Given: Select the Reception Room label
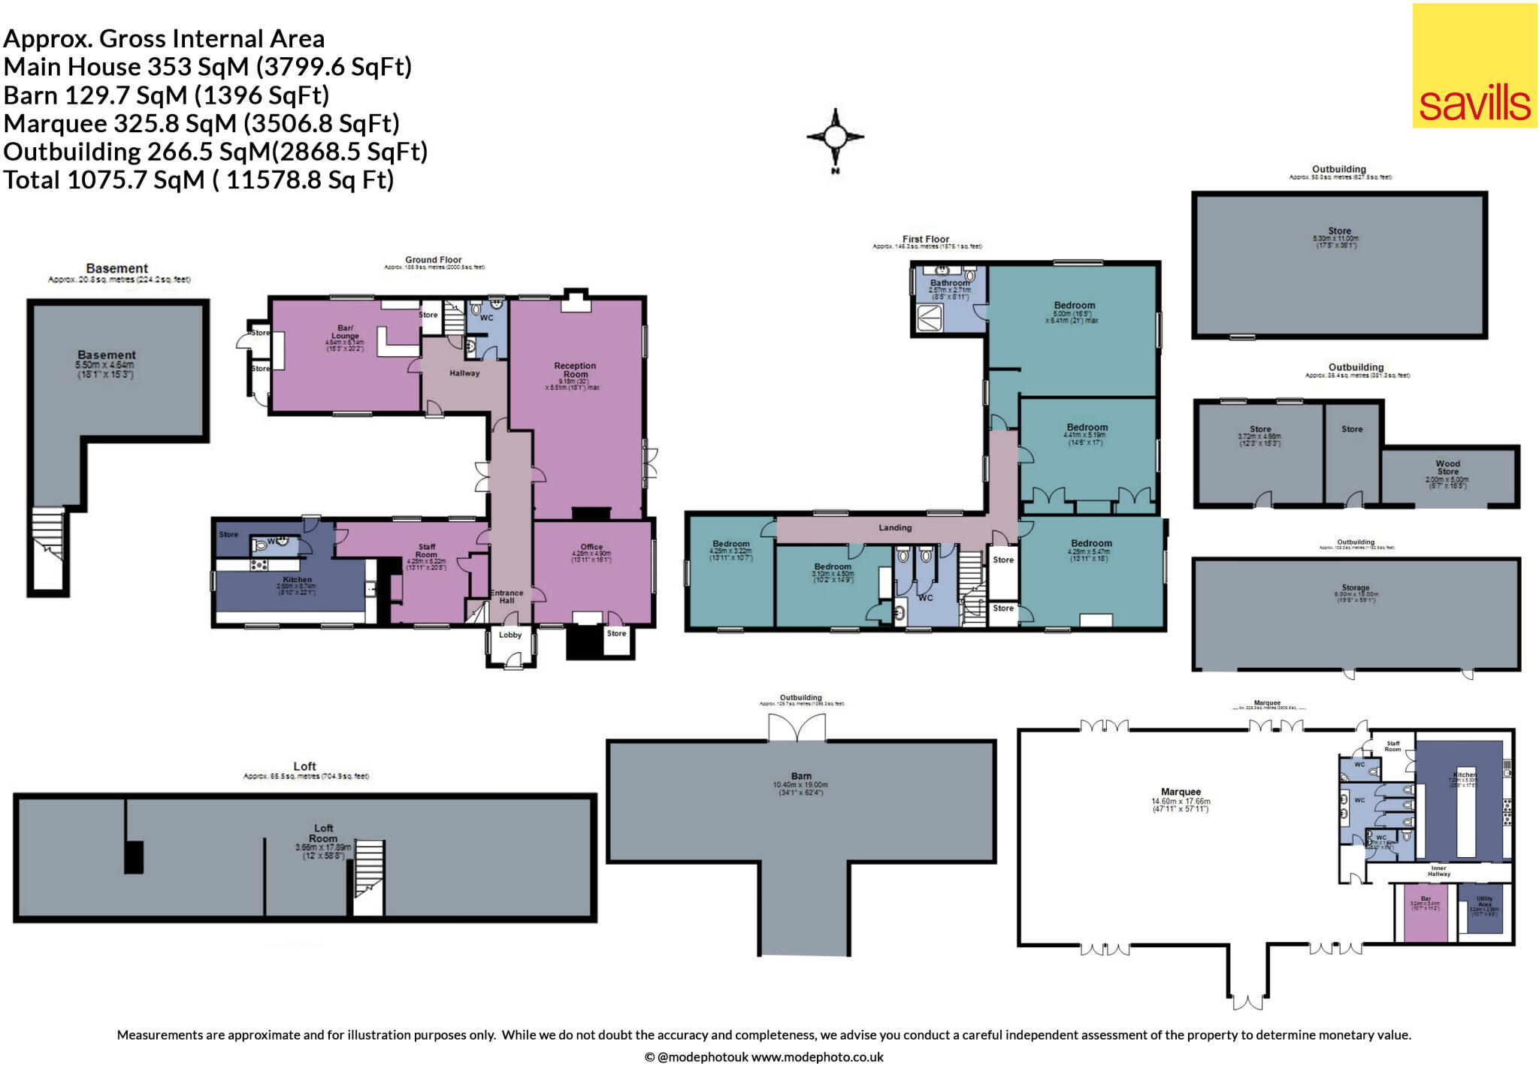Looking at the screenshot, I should tap(575, 370).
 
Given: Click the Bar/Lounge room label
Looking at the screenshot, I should tap(345, 332).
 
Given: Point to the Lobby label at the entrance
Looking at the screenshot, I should tap(510, 635).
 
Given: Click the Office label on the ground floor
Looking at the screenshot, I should tap(591, 547).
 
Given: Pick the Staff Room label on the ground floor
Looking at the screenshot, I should tap(426, 551).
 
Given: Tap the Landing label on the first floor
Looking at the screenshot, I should tap(895, 528).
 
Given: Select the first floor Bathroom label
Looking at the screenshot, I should tap(950, 283).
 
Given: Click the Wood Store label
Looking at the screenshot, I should tap(1447, 468).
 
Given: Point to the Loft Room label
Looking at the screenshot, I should tap(323, 833).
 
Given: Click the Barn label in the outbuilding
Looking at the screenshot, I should tap(801, 776).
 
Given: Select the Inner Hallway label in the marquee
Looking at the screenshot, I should tap(1438, 871).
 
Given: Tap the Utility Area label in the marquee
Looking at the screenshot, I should tap(1484, 901).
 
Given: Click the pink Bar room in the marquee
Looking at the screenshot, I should tap(1425, 920).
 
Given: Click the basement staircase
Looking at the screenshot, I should tap(47, 541).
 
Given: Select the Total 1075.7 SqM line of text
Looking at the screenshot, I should tap(199, 180).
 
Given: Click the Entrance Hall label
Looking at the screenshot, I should tap(506, 596).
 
